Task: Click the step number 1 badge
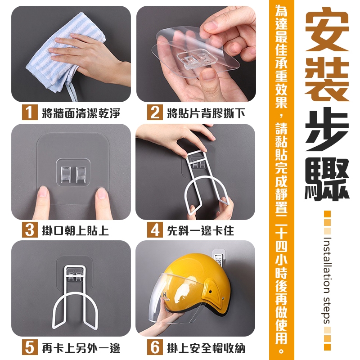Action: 30,112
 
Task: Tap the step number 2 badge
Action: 155,112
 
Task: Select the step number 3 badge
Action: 30,229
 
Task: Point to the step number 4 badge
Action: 155,229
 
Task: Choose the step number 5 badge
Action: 30,347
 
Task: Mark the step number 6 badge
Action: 155,347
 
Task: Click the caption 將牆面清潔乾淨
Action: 81,113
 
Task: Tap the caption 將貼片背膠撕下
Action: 206,113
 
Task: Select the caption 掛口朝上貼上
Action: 75,230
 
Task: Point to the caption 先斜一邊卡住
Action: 200,230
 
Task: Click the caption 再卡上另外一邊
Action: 81,348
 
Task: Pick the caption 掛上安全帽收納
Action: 206,348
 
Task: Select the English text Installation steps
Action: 327,280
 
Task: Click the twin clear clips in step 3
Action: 73,172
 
